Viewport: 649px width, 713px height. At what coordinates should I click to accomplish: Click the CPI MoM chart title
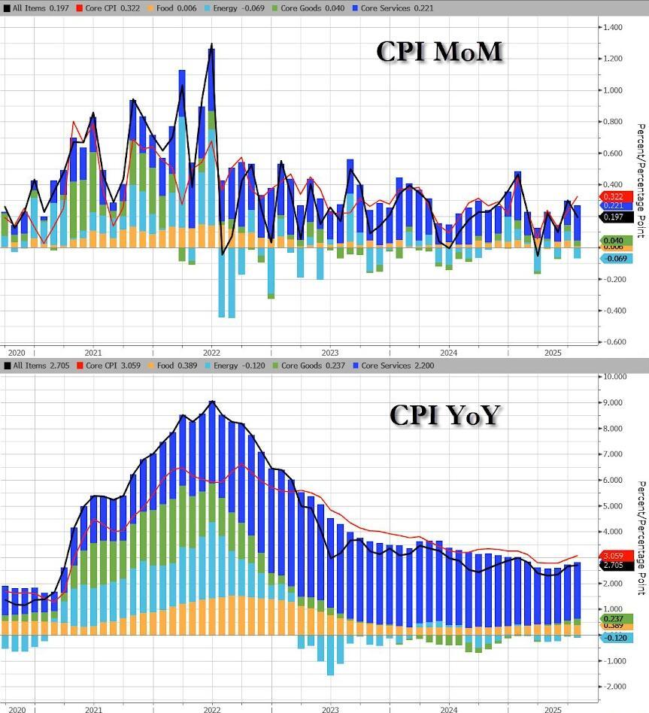(438, 52)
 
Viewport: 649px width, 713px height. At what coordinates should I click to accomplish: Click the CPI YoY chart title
(444, 414)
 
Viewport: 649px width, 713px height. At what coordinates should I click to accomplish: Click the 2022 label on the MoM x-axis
(211, 352)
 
